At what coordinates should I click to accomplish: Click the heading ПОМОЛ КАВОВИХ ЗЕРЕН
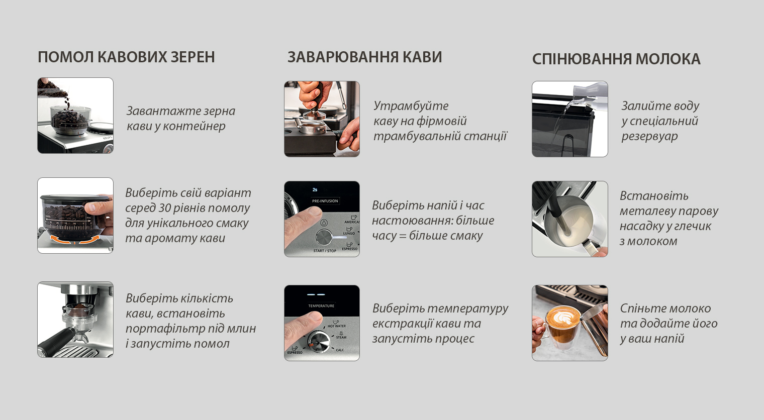[x=126, y=57]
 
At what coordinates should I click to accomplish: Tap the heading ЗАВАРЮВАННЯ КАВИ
[x=364, y=57]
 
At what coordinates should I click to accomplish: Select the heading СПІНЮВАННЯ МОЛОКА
[x=616, y=59]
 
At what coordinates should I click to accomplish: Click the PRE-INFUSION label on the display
[x=325, y=201]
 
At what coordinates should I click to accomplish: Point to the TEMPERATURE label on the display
[x=321, y=306]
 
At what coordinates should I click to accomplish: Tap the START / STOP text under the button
[x=325, y=251]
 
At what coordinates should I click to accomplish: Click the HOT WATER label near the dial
[x=337, y=326]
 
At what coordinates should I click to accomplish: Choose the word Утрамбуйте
[x=411, y=106]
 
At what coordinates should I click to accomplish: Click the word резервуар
[x=650, y=136]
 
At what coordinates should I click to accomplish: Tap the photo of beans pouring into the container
[x=75, y=116]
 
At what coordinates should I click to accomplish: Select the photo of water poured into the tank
[x=570, y=119]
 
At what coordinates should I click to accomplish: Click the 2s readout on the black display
[x=315, y=189]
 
